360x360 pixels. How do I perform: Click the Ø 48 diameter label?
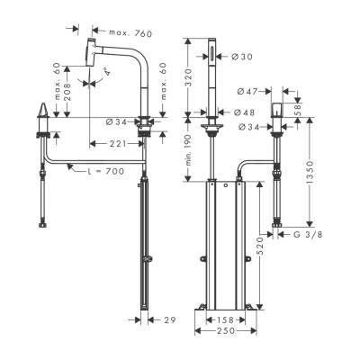point(241,113)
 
